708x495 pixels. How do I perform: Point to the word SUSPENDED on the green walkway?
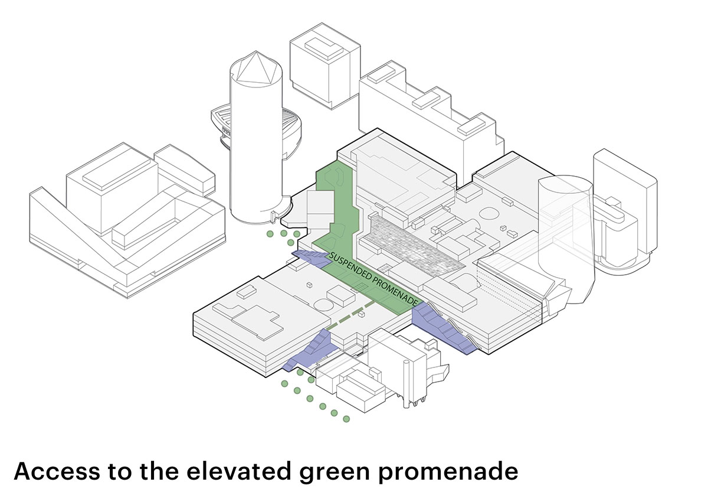click(351, 269)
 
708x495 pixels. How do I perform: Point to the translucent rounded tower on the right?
click(563, 236)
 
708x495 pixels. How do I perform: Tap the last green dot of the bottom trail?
click(346, 419)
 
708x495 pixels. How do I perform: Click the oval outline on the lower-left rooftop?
click(323, 305)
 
